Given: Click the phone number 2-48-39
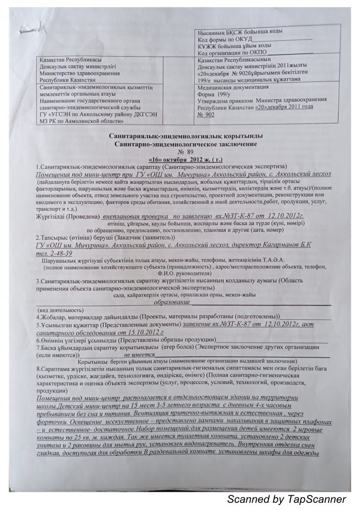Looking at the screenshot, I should (x=60, y=252).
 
